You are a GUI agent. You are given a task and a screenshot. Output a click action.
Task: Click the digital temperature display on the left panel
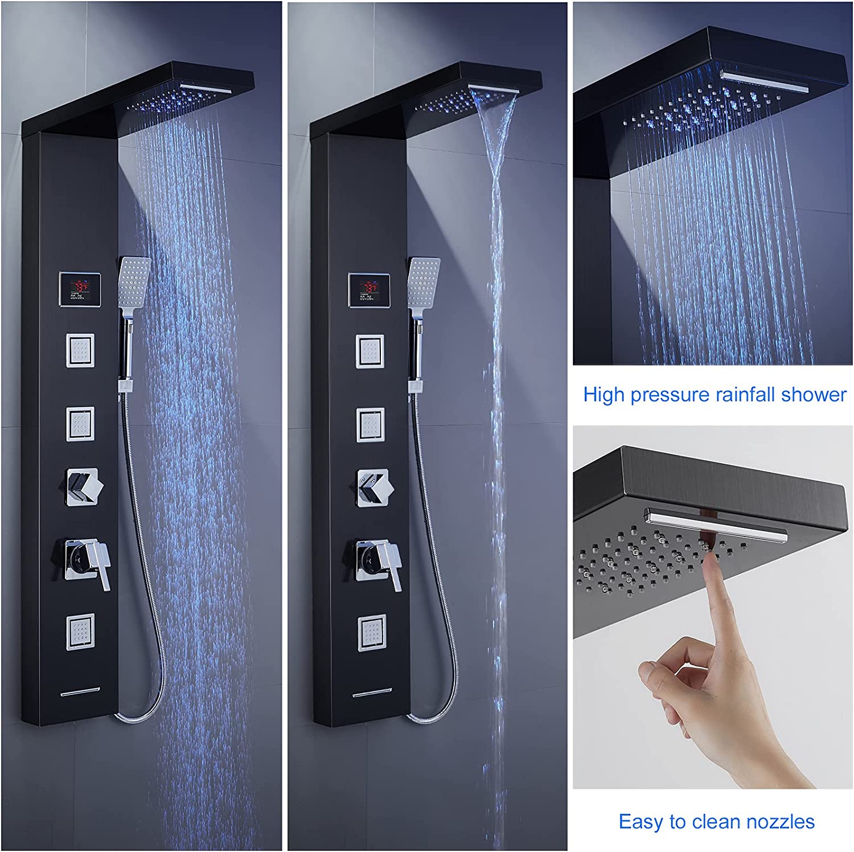tap(80, 288)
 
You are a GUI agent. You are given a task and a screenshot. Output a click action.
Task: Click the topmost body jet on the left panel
tap(80, 349)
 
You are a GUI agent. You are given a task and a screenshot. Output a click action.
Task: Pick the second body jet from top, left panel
tap(80, 423)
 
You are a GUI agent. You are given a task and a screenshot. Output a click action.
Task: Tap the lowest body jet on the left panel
tap(80, 632)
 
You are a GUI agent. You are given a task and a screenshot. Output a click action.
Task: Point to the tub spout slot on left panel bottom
tap(80, 692)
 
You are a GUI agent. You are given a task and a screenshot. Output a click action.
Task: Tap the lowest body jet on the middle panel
tap(371, 632)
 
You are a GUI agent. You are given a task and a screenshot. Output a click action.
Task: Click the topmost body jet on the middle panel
tap(370, 350)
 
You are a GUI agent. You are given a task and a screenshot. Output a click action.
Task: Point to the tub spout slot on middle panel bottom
tap(371, 693)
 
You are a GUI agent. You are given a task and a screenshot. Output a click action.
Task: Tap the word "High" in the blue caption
tap(605, 394)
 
